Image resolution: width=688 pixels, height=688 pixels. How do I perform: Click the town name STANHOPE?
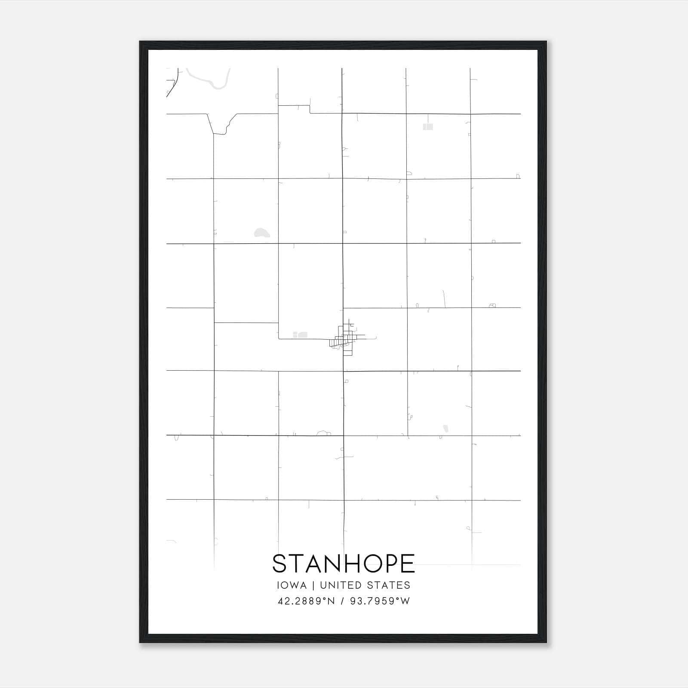[344, 563]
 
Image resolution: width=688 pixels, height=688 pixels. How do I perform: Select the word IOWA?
[292, 585]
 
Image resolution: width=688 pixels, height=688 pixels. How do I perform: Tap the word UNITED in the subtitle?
[341, 585]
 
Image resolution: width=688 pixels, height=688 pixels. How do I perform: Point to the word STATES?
[389, 585]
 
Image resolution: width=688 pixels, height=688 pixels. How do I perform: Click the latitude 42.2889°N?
[306, 601]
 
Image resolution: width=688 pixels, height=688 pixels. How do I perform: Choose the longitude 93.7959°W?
[380, 601]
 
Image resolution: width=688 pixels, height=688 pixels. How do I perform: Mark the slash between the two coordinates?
[343, 601]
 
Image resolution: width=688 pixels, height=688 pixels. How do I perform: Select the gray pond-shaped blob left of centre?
[261, 233]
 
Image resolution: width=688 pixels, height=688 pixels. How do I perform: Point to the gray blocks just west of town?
[301, 335]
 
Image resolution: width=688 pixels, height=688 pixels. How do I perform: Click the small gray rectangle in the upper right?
[428, 127]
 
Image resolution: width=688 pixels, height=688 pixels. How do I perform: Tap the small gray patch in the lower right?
[446, 428]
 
